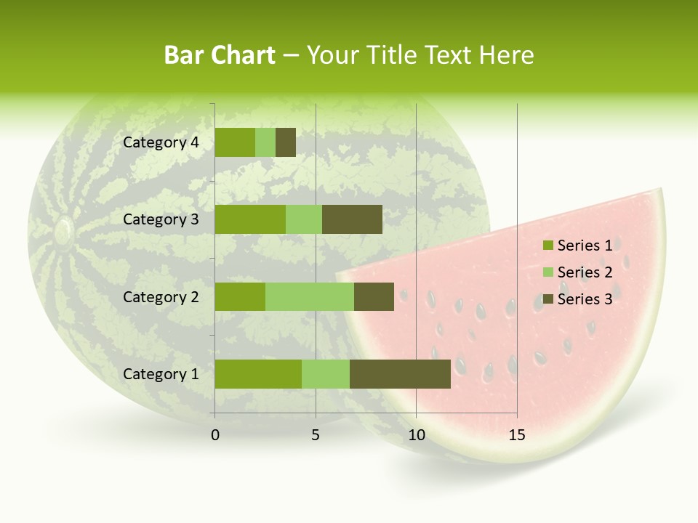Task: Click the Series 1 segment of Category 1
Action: [x=257, y=374]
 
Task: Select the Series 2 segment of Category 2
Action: [x=309, y=296]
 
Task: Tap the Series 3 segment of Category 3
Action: [x=352, y=219]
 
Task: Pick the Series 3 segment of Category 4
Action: [x=286, y=142]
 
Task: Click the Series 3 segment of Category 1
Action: [x=400, y=374]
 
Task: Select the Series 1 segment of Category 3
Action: [x=249, y=219]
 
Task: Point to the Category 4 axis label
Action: [x=161, y=142]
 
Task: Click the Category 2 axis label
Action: [x=161, y=296]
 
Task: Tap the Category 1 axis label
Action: [x=161, y=374]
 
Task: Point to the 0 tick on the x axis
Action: [x=215, y=435]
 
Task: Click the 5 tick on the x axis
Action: [x=316, y=435]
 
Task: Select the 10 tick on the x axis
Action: [x=416, y=435]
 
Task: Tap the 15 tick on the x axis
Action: [x=516, y=435]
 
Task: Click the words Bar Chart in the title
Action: [x=219, y=55]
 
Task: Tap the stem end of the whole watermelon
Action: [x=63, y=231]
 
